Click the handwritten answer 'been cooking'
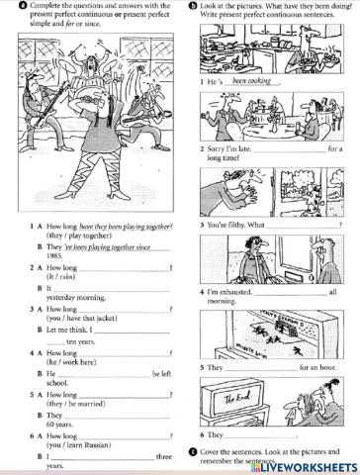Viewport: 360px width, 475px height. (249, 82)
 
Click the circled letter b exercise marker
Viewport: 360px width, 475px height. (191, 6)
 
